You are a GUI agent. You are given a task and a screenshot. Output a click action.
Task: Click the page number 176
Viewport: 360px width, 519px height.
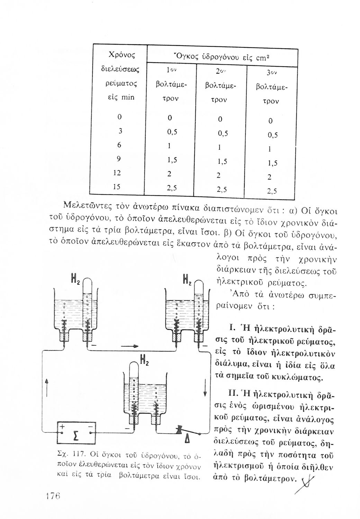point(51,495)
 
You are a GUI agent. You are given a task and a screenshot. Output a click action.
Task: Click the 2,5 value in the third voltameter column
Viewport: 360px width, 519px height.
point(272,191)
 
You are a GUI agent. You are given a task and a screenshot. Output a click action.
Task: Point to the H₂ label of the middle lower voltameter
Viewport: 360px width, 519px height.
point(144,363)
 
